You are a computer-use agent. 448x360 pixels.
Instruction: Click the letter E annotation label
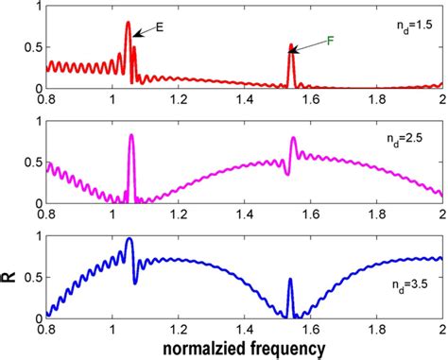tap(159, 28)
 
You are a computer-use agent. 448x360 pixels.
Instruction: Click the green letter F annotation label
tap(330, 41)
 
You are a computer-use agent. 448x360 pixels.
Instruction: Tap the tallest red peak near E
tap(128, 24)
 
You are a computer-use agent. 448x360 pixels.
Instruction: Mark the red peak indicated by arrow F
tap(291, 45)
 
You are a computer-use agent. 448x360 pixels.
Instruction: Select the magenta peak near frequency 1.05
tap(130, 136)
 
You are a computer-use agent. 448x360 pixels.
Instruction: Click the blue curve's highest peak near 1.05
tap(129, 240)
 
